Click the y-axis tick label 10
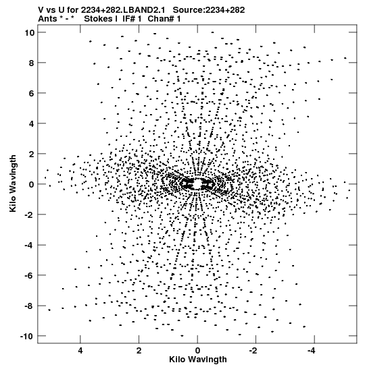point(29,32)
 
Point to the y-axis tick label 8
point(31,63)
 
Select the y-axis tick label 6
point(31,93)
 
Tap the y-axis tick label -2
point(30,215)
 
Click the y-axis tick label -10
point(27,337)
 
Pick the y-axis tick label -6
point(30,275)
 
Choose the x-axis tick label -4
point(312,351)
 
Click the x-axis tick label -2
point(253,351)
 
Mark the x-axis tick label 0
point(197,351)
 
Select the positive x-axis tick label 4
point(80,351)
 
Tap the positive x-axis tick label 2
point(139,351)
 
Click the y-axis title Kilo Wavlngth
point(13,183)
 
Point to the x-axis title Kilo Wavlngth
point(198,360)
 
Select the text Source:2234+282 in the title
point(209,10)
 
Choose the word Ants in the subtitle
point(48,19)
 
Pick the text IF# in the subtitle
point(129,19)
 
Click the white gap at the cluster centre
point(197,183)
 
